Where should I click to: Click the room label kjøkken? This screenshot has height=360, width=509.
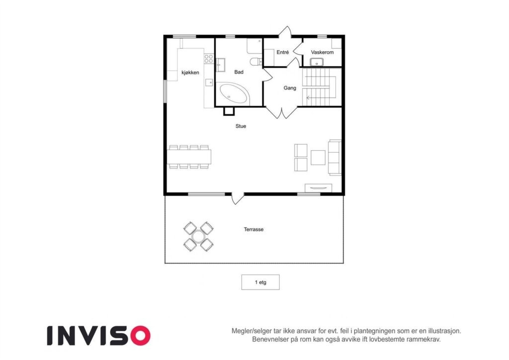click(190, 73)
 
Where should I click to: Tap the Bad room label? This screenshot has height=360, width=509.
click(239, 72)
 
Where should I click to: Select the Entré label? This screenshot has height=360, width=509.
click(283, 52)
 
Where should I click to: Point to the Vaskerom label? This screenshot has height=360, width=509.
click(322, 52)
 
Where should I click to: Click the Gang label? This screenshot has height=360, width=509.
click(290, 88)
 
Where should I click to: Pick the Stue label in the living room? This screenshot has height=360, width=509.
click(241, 126)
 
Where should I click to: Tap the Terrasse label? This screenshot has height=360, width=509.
click(254, 230)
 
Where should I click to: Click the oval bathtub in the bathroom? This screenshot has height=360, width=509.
click(234, 93)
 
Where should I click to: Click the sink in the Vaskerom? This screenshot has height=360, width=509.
click(317, 62)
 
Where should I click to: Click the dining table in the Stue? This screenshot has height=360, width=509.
click(189, 157)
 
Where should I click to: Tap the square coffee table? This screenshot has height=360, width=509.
click(318, 157)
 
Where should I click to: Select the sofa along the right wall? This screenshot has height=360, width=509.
click(335, 157)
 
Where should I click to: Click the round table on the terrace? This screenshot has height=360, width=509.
click(198, 236)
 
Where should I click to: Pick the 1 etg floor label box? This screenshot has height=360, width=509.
click(260, 282)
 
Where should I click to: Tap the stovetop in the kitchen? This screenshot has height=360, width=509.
click(209, 60)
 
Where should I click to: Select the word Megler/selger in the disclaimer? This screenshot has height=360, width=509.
click(252, 331)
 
